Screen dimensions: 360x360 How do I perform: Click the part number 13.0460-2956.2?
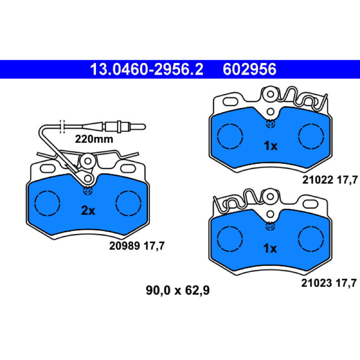click(147, 69)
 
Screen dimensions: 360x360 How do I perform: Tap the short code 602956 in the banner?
click(250, 69)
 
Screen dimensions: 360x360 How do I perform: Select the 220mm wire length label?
click(94, 139)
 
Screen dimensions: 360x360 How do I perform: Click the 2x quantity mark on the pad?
click(88, 210)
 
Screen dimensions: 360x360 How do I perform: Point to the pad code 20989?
click(125, 246)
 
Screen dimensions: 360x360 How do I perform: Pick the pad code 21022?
click(318, 180)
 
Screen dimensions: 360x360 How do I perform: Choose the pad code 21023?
click(317, 283)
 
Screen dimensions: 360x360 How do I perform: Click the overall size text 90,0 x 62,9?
click(178, 290)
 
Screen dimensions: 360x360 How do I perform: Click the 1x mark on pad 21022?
click(271, 145)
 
